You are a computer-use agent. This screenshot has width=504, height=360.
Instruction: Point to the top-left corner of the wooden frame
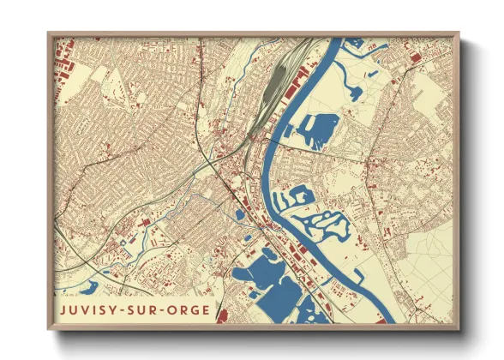pos(49,34)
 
